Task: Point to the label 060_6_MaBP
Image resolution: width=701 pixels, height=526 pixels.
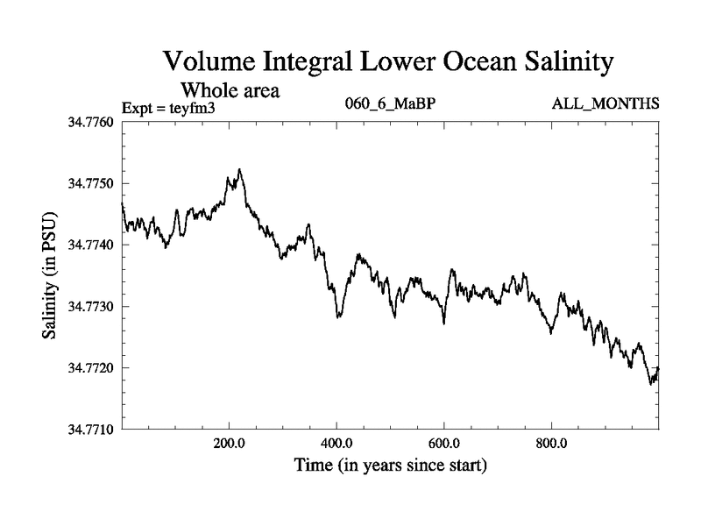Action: coord(390,104)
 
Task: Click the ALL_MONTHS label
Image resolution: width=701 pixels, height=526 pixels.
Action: coord(605,104)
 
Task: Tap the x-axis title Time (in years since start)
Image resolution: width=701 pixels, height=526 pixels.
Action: coord(390,465)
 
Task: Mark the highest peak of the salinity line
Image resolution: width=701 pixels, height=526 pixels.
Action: coord(239,170)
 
